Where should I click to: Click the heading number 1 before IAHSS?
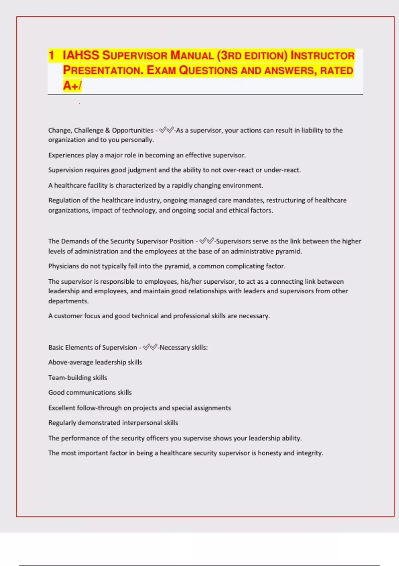(51, 55)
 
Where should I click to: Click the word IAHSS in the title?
(81, 55)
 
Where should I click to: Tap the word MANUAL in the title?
(192, 55)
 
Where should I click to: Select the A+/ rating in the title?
(72, 86)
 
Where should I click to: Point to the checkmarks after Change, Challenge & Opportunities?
(166, 130)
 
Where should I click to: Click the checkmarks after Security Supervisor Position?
(206, 241)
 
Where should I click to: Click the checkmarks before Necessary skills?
(150, 348)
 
